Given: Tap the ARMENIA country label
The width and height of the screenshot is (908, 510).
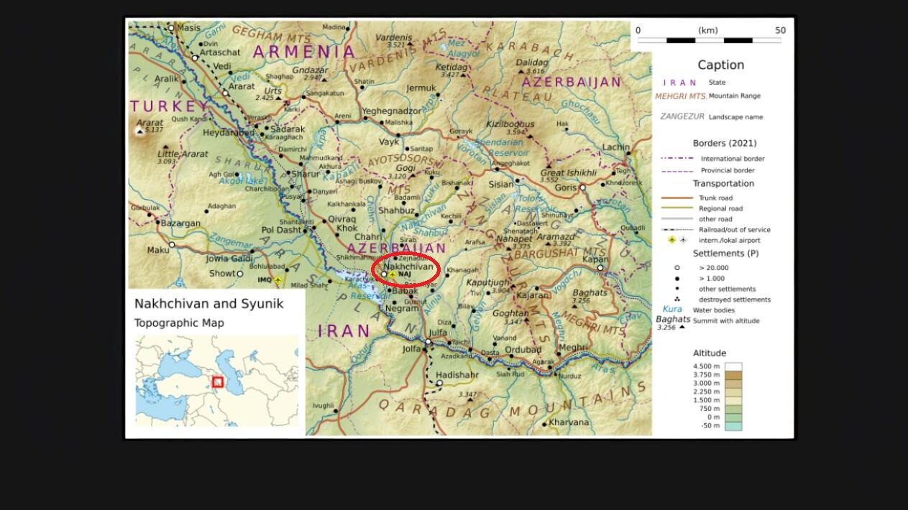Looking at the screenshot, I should coord(304,52).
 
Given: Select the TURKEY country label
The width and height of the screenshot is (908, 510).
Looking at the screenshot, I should coord(163,106).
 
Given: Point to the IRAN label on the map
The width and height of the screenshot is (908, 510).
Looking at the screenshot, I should coord(344,331).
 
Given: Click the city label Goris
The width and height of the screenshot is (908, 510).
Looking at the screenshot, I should coord(566,187).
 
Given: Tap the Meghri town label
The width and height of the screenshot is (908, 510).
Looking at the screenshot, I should coord(572,348).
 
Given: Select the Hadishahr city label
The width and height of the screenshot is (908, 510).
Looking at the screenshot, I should coord(457,375).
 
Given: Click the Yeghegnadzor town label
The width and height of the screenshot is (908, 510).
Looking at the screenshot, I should coord(391,111).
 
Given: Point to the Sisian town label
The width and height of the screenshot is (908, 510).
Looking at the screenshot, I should coord(501,184).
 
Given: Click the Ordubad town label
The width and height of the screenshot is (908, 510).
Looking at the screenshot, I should coord(523,350).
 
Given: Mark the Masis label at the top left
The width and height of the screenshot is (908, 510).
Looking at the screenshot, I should coord(188,28).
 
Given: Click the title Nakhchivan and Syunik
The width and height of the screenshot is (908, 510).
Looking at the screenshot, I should coord(208,303).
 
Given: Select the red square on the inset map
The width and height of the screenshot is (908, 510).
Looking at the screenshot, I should coord(218,382).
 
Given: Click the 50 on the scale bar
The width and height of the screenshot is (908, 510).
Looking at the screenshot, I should coord(780,30).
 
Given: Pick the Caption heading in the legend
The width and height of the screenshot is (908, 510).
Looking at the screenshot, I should coord(720,65).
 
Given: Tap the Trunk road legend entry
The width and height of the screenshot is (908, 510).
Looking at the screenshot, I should coord(715,198).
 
